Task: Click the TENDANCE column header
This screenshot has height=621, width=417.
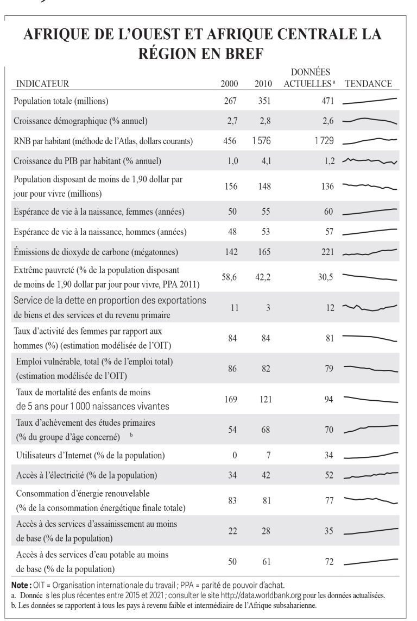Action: (368, 84)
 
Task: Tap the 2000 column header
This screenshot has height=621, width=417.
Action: (230, 84)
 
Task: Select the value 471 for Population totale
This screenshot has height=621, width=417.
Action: (327, 101)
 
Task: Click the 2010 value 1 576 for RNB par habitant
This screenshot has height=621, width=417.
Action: (262, 141)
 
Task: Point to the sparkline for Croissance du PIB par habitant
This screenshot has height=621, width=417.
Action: (370, 161)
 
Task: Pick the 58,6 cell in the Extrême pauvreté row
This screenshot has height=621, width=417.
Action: (229, 277)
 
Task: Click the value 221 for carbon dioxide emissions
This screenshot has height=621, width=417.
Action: (327, 252)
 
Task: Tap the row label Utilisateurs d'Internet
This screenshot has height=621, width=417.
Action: (90, 456)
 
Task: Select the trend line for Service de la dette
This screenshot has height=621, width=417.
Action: (370, 307)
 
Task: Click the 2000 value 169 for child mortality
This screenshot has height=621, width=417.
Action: (231, 399)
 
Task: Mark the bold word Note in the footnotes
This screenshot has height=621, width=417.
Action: (20, 585)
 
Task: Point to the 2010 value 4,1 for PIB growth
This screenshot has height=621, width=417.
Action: (266, 161)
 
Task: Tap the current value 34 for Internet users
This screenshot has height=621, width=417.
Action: (329, 456)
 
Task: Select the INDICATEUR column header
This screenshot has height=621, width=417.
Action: (42, 84)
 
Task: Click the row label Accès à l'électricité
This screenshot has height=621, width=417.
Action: (86, 475)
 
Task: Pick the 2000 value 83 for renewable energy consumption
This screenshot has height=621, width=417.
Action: (232, 501)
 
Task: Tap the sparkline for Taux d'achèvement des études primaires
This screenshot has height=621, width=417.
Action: (371, 429)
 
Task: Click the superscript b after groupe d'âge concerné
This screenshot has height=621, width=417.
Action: (131, 435)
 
